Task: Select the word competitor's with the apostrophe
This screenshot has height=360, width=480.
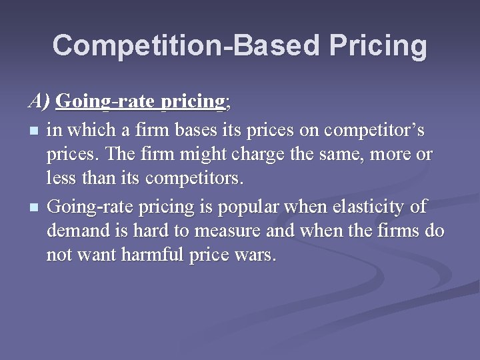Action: [380, 129]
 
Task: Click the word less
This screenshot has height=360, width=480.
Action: [61, 179]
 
